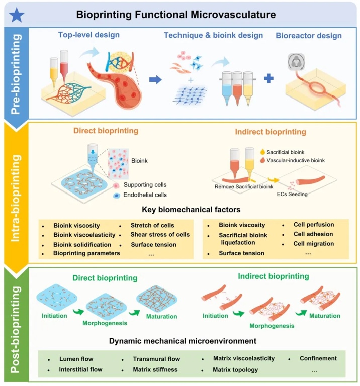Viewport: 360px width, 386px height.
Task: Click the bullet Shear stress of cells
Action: pos(159,235)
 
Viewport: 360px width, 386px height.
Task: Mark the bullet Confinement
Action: pos(318,359)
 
